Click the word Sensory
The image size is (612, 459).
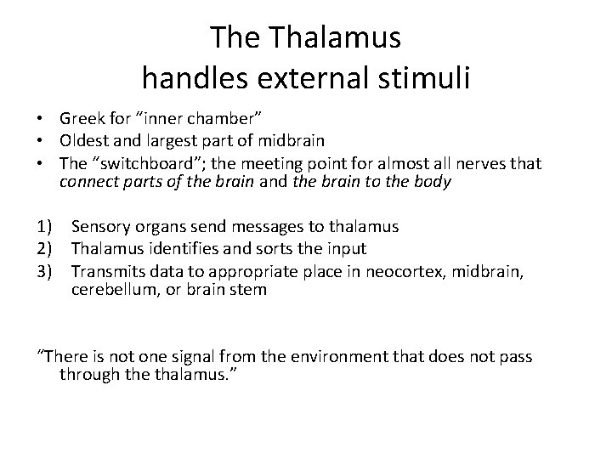(99, 227)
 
